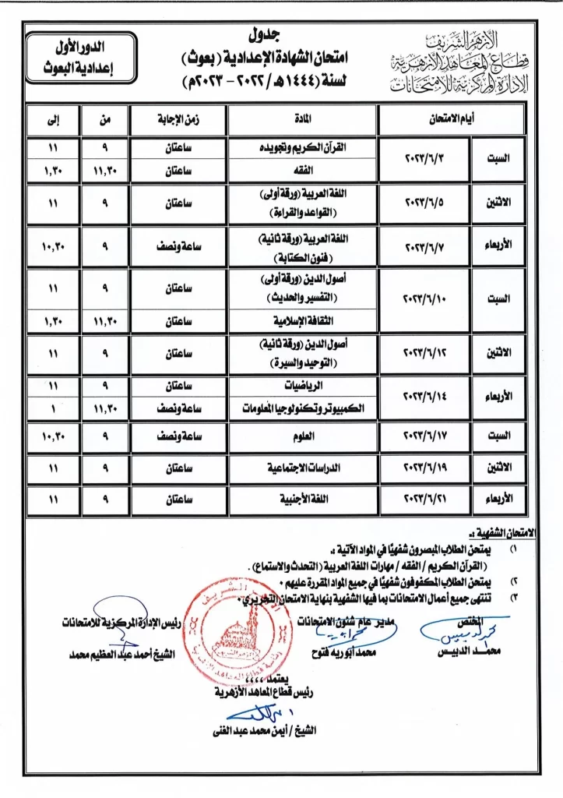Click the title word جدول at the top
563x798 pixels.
pos(266,35)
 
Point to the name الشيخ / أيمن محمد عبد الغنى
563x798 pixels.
pos(265,730)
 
